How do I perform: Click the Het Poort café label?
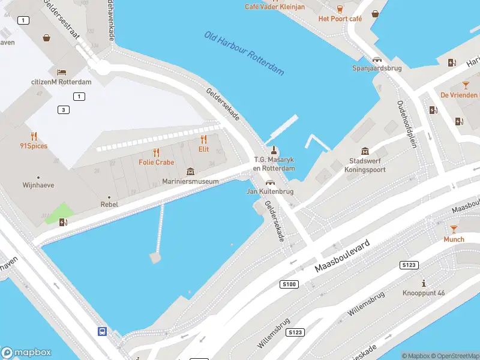340,19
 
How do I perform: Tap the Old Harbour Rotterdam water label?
244,53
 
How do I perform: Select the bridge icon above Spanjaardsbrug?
377,59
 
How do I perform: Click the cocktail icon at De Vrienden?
466,85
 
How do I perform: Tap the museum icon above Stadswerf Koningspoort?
364,151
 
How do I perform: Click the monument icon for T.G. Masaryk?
274,150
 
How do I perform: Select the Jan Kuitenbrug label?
270,191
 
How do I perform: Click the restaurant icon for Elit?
203,139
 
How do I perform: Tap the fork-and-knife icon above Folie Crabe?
156,152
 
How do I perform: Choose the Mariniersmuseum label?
190,182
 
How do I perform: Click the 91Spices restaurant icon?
34,136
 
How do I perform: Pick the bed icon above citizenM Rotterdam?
61,72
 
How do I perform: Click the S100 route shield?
289,284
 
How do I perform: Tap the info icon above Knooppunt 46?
424,283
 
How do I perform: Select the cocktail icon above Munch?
454,229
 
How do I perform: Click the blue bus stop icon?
103,331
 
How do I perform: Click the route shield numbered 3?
64,109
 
